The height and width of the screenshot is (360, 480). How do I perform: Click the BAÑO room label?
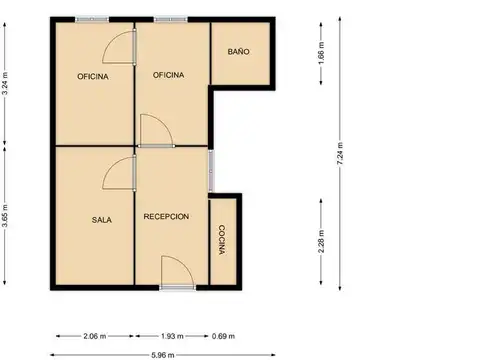pos(238,52)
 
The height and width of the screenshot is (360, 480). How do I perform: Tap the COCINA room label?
pos(222,240)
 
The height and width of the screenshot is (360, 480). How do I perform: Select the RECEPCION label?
pos(166,217)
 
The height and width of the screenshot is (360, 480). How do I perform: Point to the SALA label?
pos(102,220)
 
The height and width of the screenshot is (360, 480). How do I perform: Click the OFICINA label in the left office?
pos(93,77)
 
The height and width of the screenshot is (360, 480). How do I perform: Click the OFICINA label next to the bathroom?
pos(168,75)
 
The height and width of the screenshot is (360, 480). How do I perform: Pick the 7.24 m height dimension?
pos(340,153)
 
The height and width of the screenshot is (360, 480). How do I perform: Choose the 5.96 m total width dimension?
pos(163,355)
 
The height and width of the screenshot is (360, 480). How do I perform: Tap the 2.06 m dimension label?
pos(95,336)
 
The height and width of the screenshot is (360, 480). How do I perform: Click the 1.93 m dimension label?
pos(172,336)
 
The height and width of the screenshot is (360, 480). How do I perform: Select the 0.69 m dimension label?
pos(223,336)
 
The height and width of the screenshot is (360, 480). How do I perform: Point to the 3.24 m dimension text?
pos(5,84)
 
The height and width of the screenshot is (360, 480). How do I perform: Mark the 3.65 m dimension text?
pos(5,216)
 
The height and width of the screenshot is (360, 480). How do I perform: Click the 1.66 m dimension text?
pos(321,53)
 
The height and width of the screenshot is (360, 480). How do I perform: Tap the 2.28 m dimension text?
pos(321,242)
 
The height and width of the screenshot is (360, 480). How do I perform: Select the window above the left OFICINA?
pos(92,19)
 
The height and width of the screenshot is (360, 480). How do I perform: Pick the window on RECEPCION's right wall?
pos(211,171)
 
